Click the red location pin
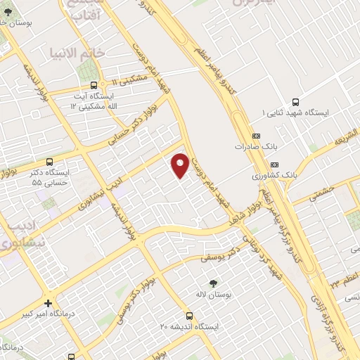[181, 165]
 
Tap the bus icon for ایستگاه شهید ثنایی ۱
[295, 101]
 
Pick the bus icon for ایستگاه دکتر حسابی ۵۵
[49, 161]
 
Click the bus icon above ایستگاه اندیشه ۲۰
[188, 316]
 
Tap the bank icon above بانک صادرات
[256, 136]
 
